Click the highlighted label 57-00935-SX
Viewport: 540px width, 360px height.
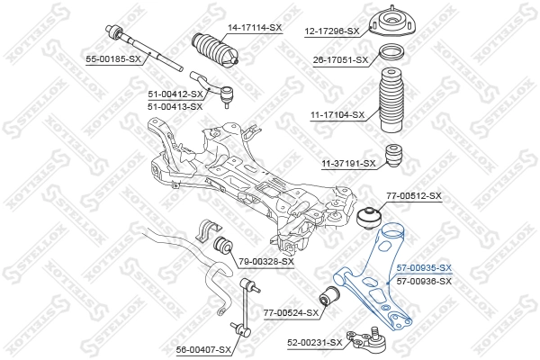point(424,268)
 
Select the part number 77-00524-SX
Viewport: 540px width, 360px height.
point(292,313)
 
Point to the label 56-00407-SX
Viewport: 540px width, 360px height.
point(204,348)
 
